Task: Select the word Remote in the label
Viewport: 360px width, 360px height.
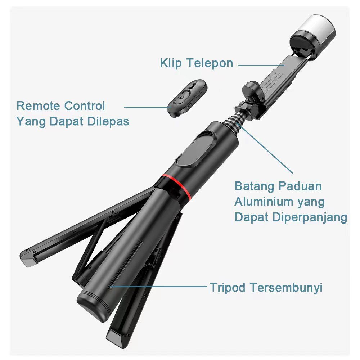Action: pyautogui.click(x=38, y=106)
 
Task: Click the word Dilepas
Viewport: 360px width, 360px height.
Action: pyautogui.click(x=108, y=121)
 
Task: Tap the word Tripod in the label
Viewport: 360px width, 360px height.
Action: pyautogui.click(x=228, y=288)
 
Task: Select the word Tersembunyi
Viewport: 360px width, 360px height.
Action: pyautogui.click(x=286, y=288)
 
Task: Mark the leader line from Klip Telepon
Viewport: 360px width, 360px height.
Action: pyautogui.click(x=261, y=66)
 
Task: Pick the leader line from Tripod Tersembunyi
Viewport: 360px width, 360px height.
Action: pyautogui.click(x=158, y=287)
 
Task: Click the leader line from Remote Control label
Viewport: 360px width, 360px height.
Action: pyautogui.click(x=146, y=107)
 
